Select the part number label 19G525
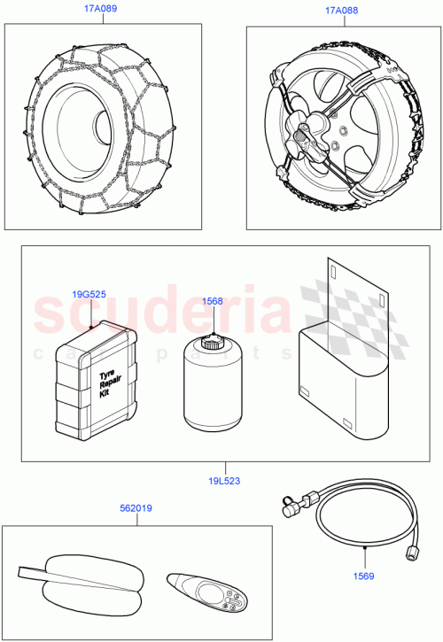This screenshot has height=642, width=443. coord(89,296)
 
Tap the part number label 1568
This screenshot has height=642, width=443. coord(212,301)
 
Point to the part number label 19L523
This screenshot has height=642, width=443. coord(223,482)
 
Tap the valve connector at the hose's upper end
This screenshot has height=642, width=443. coord(290,507)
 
